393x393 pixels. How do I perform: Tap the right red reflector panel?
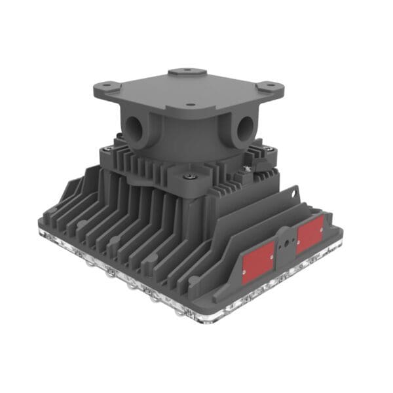coord(309,234)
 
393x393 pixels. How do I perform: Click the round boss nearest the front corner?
coord(194,280)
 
